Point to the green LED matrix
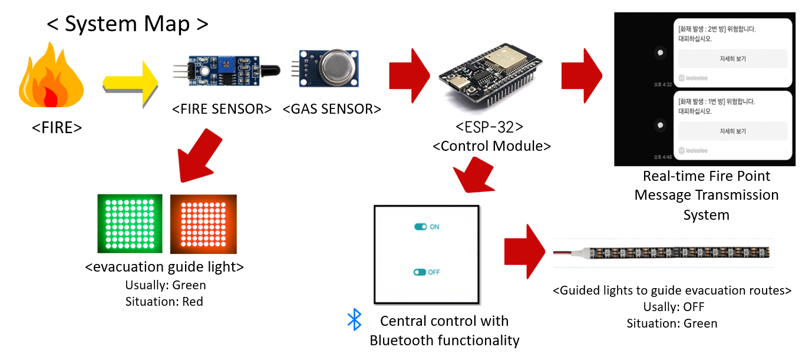130,224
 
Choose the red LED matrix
203,224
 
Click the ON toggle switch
421,227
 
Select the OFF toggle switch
420,272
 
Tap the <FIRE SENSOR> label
222,109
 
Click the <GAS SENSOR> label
332,109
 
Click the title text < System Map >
127,24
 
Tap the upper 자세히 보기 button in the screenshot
732,59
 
